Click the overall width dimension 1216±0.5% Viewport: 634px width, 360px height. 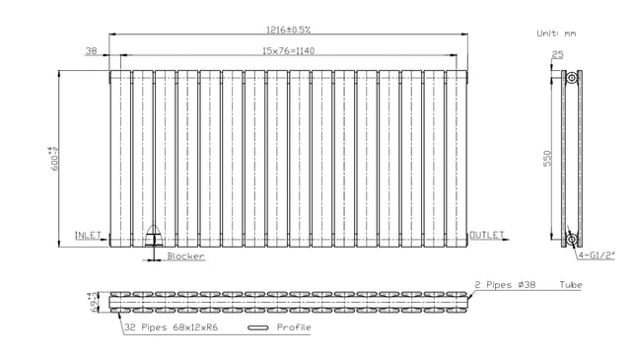tap(288, 30)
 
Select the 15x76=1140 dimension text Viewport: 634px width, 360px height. tap(288, 51)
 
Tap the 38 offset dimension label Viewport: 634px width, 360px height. tap(92, 51)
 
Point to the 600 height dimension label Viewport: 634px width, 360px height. tap(54, 158)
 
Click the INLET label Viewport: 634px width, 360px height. tap(88, 235)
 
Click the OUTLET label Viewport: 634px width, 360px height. tap(487, 235)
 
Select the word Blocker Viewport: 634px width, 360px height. tap(186, 256)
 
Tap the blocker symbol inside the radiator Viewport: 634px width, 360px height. tap(154, 236)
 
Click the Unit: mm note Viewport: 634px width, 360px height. tap(556, 34)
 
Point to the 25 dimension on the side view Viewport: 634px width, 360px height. tap(558, 54)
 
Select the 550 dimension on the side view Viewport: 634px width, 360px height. tap(547, 158)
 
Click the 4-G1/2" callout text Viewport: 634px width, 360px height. tap(596, 255)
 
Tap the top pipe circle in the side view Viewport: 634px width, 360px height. tap(571, 78)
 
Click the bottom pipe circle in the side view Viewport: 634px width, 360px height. tap(571, 240)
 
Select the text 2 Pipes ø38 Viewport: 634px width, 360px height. tap(505, 285)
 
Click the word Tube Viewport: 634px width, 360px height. tap(571, 285)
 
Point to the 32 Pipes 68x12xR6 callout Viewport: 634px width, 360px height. tap(172, 327)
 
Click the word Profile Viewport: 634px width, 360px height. tap(294, 327)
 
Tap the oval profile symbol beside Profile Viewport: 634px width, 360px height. tap(258, 327)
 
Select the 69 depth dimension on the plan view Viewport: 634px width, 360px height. tap(94, 302)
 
